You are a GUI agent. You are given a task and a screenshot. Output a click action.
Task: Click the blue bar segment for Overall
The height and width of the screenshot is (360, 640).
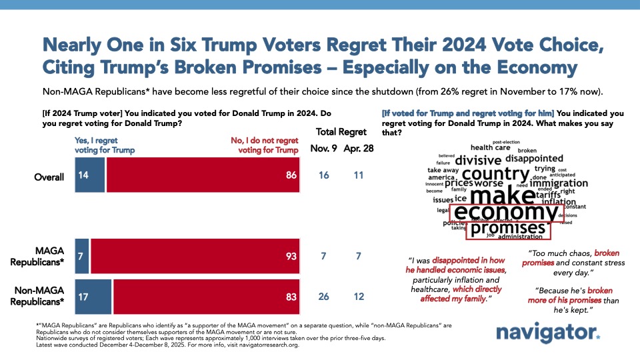[90, 177]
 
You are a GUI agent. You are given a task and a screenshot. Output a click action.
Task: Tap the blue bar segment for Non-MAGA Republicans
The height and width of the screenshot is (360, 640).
[93, 296]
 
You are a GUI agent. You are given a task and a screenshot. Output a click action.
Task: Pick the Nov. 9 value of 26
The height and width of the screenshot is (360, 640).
[324, 296]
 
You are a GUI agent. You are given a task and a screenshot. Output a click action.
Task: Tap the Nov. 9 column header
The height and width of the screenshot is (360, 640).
[324, 148]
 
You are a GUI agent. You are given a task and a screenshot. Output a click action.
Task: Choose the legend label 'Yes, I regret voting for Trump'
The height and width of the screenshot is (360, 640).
[103, 145]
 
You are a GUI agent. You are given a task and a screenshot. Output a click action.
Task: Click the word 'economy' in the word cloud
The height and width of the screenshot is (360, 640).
[504, 213]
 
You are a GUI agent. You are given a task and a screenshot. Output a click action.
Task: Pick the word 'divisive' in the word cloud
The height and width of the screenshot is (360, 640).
[478, 160]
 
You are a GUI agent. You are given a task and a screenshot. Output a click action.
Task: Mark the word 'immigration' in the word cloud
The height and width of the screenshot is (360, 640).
[559, 183]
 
